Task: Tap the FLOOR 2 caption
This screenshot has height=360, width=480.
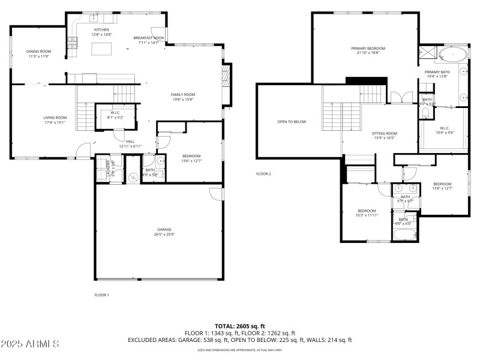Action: point(264,174)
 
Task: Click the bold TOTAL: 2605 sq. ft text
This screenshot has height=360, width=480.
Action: point(240,326)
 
